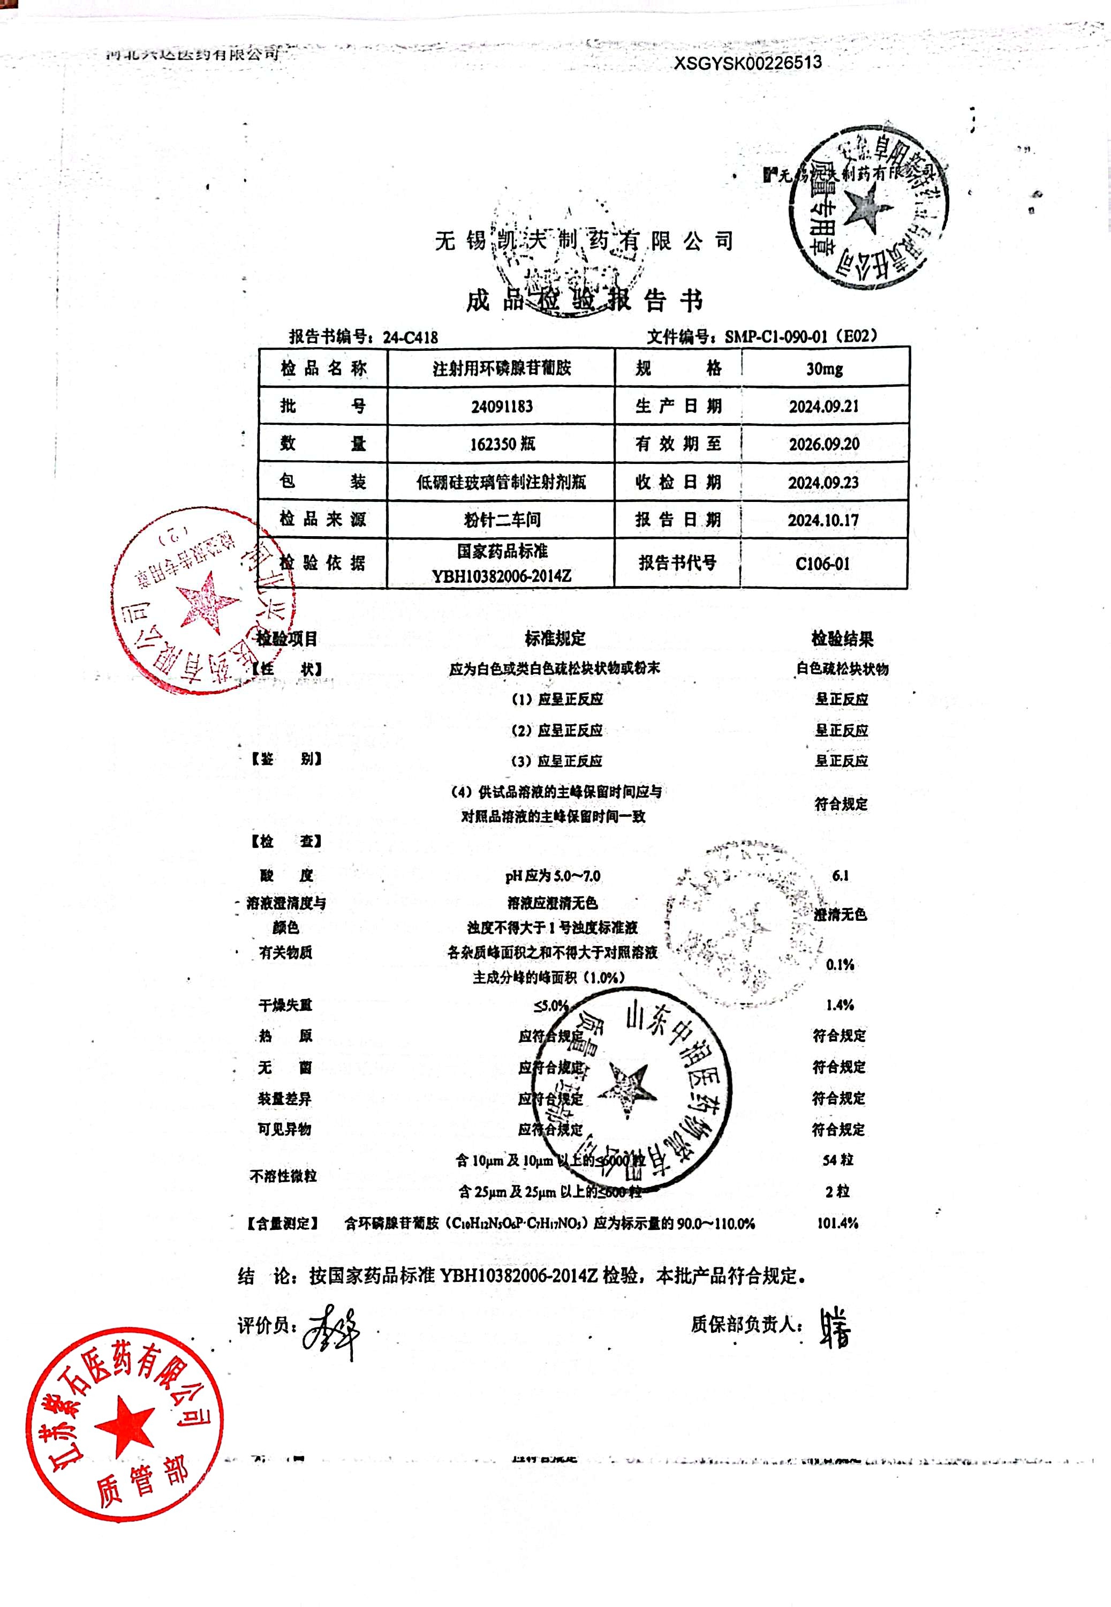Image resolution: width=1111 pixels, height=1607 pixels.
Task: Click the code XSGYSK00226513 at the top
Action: (x=747, y=63)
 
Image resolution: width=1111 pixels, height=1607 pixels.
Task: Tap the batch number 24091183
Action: (x=501, y=407)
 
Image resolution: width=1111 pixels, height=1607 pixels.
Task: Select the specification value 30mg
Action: (x=824, y=369)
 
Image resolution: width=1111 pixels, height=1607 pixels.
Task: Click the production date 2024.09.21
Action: (x=823, y=407)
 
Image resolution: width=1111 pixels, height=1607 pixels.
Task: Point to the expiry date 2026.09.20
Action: (x=823, y=444)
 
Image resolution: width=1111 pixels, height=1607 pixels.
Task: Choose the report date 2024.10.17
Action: (x=823, y=520)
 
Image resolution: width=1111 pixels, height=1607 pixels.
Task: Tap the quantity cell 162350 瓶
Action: (x=502, y=444)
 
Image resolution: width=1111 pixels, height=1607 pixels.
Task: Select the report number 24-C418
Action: (x=410, y=337)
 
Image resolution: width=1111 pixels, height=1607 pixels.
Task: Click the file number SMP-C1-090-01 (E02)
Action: (x=800, y=336)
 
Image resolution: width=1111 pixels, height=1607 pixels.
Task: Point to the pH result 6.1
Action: (x=840, y=875)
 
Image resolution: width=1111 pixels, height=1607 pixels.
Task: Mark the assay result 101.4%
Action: (x=837, y=1223)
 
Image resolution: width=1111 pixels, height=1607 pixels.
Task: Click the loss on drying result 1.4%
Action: (x=840, y=1005)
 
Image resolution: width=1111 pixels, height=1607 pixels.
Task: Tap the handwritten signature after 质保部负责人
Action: (x=834, y=1326)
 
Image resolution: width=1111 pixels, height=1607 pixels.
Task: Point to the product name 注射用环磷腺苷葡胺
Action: (x=501, y=369)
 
